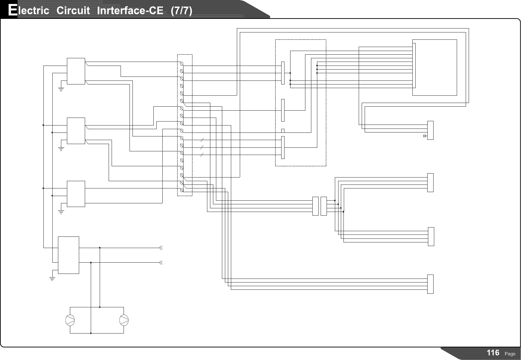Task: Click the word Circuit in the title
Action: click(73, 11)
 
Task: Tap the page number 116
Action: click(493, 353)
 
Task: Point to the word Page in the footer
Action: click(510, 354)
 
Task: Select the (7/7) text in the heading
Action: click(182, 11)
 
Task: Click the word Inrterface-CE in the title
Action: click(130, 11)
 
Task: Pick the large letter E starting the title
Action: click(13, 10)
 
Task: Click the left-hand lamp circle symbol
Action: click(70, 320)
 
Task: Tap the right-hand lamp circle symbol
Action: click(124, 320)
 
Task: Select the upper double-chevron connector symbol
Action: click(161, 248)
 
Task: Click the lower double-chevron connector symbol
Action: click(161, 263)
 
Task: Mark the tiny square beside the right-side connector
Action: click(425, 136)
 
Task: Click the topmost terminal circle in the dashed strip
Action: click(182, 64)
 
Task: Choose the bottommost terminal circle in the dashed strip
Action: click(182, 190)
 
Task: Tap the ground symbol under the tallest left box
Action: click(52, 279)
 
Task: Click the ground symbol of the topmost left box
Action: click(61, 89)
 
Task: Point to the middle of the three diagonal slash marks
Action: click(202, 147)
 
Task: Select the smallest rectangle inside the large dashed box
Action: click(283, 131)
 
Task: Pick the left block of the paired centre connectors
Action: click(315, 206)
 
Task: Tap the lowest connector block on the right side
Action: click(430, 284)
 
